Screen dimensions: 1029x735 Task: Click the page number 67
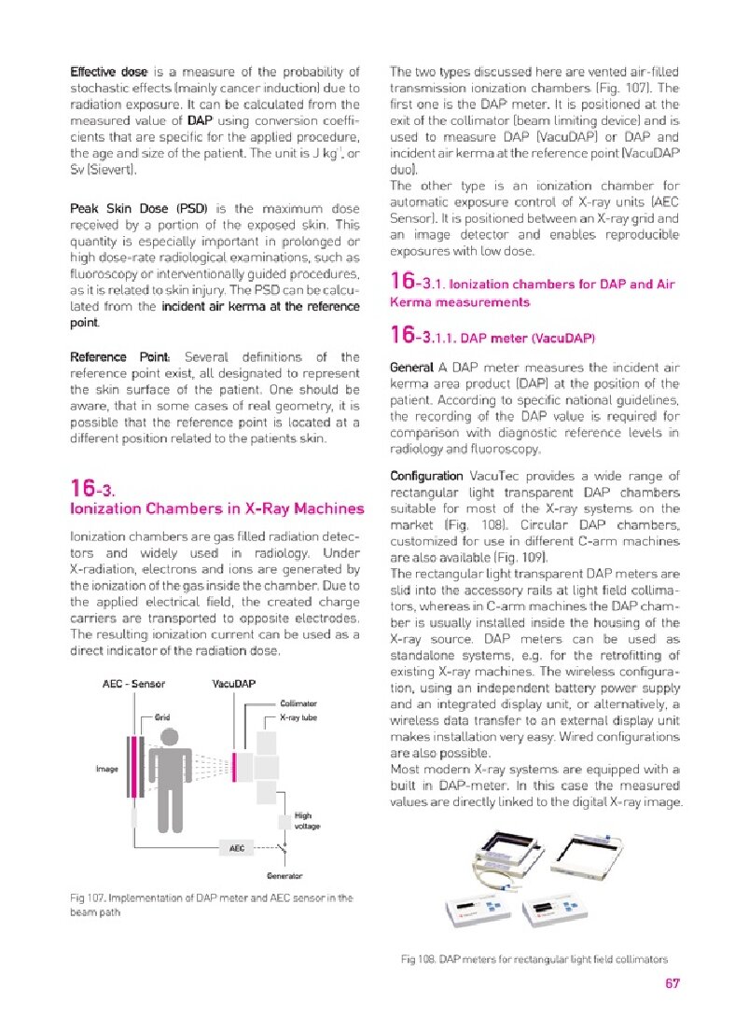672,982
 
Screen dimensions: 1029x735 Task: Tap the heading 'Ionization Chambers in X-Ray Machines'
217,508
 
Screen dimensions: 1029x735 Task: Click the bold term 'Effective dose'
109,71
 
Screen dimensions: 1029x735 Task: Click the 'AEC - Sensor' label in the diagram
133,683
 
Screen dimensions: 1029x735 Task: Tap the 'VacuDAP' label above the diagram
234,683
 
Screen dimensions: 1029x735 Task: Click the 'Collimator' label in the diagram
298,702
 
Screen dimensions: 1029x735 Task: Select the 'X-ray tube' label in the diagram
298,717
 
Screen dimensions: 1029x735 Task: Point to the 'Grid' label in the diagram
161,717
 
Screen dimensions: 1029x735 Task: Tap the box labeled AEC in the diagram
237,847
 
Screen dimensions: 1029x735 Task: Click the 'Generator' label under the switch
284,876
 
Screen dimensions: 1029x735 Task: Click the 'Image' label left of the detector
106,769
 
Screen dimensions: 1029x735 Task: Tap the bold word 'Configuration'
426,476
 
